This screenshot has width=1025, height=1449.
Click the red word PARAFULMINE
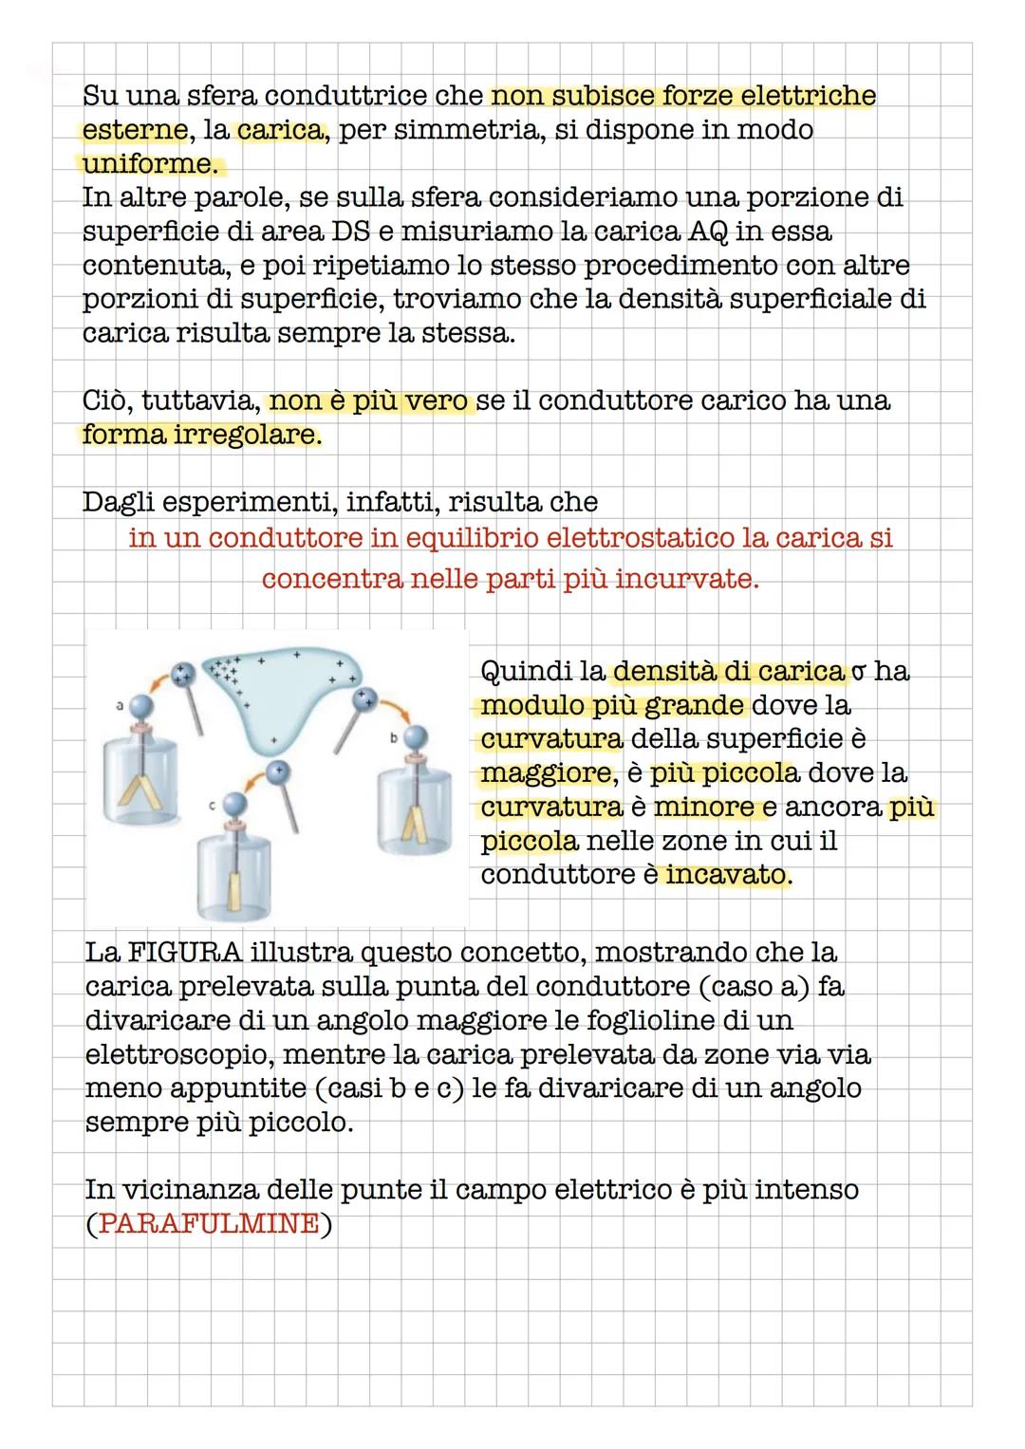point(208,1224)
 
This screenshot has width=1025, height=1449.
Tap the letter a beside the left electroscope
point(120,705)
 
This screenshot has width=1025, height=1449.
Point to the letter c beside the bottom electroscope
point(212,805)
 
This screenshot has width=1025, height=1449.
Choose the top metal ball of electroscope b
point(416,735)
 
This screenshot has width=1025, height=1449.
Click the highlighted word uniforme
point(147,164)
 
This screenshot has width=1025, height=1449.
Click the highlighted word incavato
point(726,874)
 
